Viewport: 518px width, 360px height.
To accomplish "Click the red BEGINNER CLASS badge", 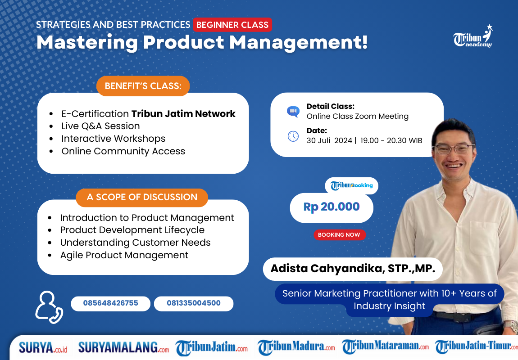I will (x=232, y=25).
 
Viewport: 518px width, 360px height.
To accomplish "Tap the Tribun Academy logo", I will (x=473, y=37).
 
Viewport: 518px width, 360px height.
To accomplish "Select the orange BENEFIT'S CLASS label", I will (x=143, y=86).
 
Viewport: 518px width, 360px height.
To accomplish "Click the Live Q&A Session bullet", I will (x=100, y=126).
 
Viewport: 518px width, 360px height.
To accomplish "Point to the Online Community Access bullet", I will (x=123, y=151).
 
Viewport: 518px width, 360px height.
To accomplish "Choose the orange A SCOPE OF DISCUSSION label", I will (x=142, y=197).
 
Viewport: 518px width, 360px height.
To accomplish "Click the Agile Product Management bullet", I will (x=124, y=255).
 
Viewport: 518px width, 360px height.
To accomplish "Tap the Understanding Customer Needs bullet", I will (x=135, y=243).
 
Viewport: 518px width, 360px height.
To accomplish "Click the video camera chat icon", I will (x=293, y=112).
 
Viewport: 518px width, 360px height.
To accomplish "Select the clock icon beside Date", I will (x=293, y=136).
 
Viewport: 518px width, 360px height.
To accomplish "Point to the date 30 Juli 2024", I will (x=329, y=140).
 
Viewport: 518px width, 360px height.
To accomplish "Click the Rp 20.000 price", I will (x=332, y=207).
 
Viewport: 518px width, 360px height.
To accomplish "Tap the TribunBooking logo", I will (x=352, y=185).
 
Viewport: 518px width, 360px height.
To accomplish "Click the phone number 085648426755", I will (x=110, y=303).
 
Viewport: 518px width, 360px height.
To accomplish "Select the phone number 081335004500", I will (x=194, y=303).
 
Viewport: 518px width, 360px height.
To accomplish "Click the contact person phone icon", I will (x=48, y=307).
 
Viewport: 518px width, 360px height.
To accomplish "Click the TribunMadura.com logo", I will (x=296, y=347).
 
